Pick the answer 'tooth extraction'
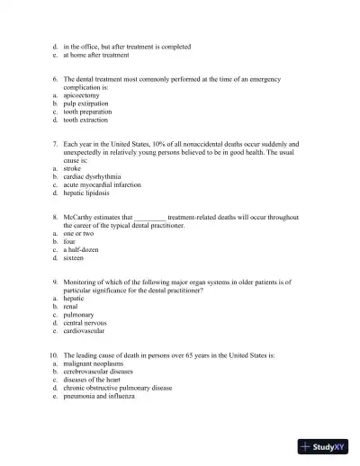coord(85,120)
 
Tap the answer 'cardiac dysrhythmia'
coord(91,177)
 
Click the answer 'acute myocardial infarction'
coord(101,185)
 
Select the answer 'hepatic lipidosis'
coord(85,193)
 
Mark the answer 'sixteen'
coord(74,258)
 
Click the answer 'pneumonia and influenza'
coord(98,397)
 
